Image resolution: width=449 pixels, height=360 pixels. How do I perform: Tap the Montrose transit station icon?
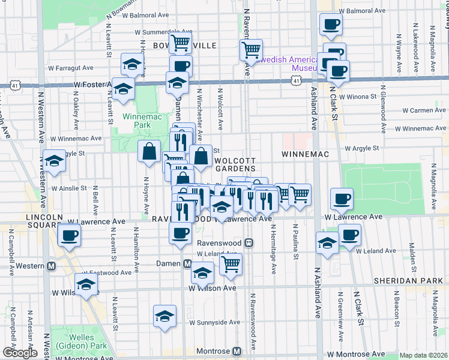pos(237,350)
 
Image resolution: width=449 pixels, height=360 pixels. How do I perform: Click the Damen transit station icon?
pos(188,264)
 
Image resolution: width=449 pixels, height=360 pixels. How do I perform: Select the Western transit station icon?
pos(52,266)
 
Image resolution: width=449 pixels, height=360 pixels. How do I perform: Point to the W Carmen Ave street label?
pos(424,110)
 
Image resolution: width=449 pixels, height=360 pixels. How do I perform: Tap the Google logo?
pos(19,353)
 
